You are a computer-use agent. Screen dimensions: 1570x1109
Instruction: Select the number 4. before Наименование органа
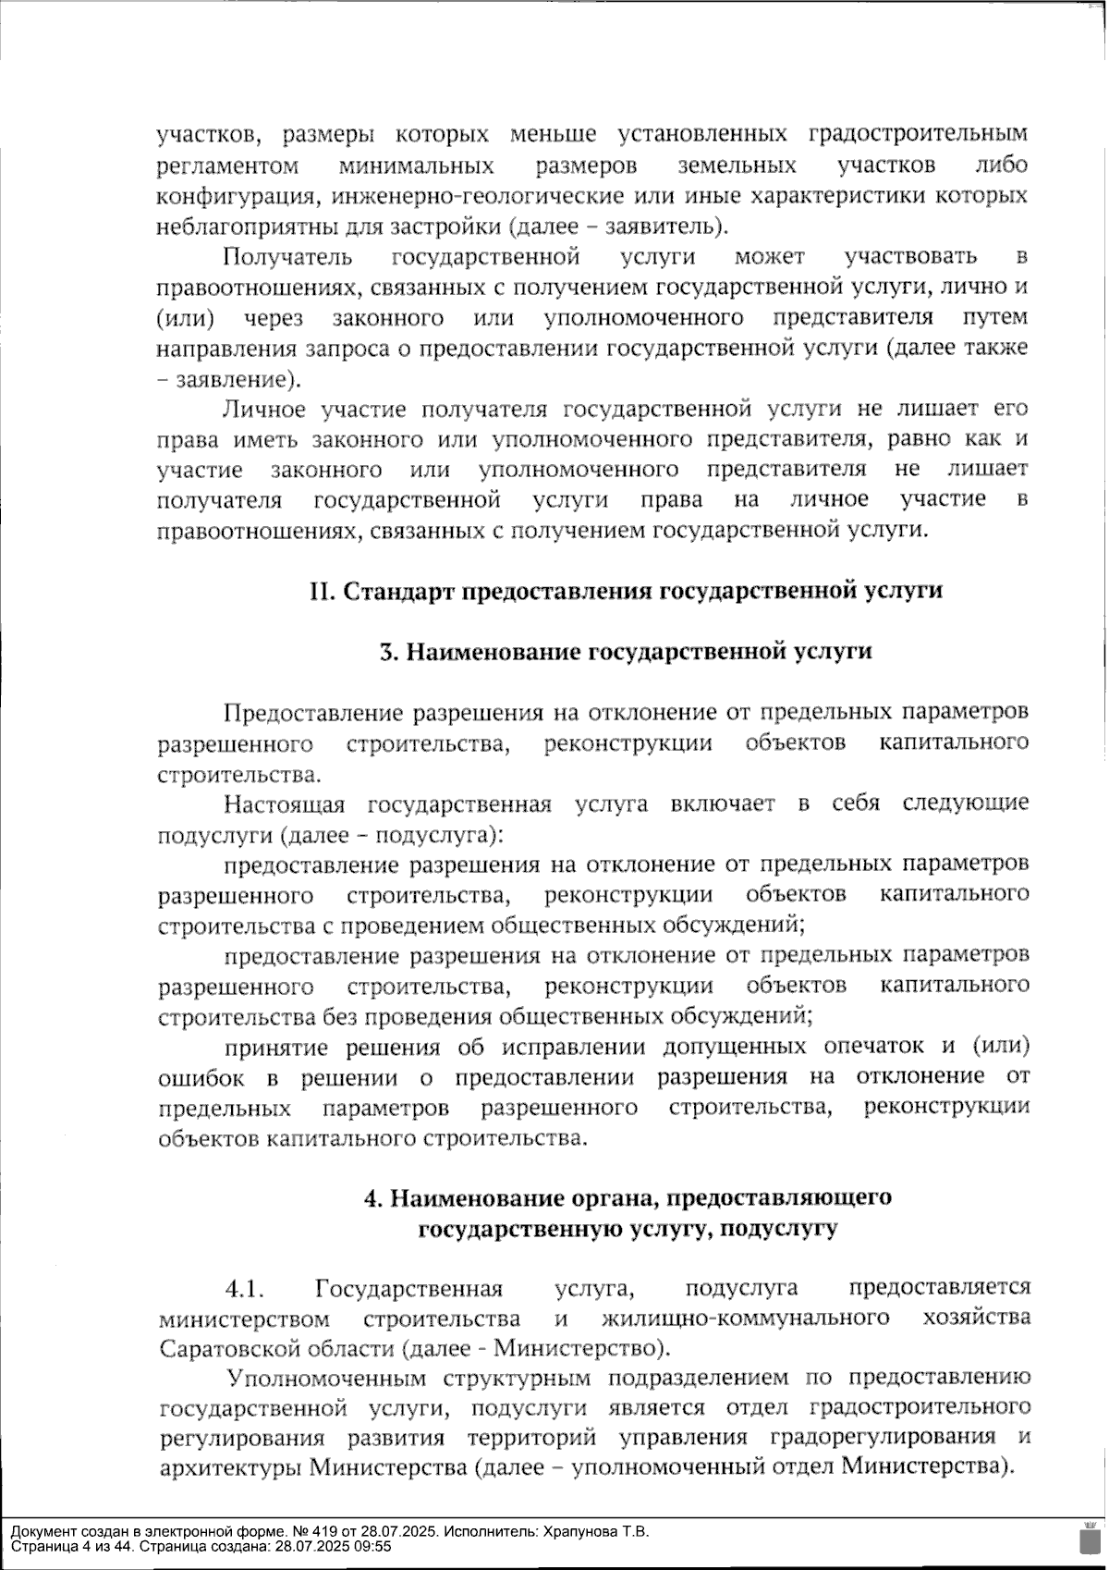click(374, 1199)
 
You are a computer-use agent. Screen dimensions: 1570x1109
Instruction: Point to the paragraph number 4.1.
click(245, 1289)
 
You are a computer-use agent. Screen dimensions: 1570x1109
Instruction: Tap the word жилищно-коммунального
click(746, 1319)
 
